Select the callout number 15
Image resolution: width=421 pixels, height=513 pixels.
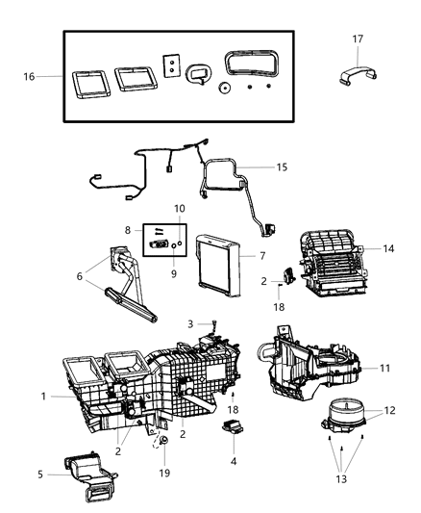(282, 167)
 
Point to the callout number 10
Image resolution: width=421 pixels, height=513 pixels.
(180, 209)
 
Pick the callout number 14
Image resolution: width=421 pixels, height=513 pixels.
(388, 249)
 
